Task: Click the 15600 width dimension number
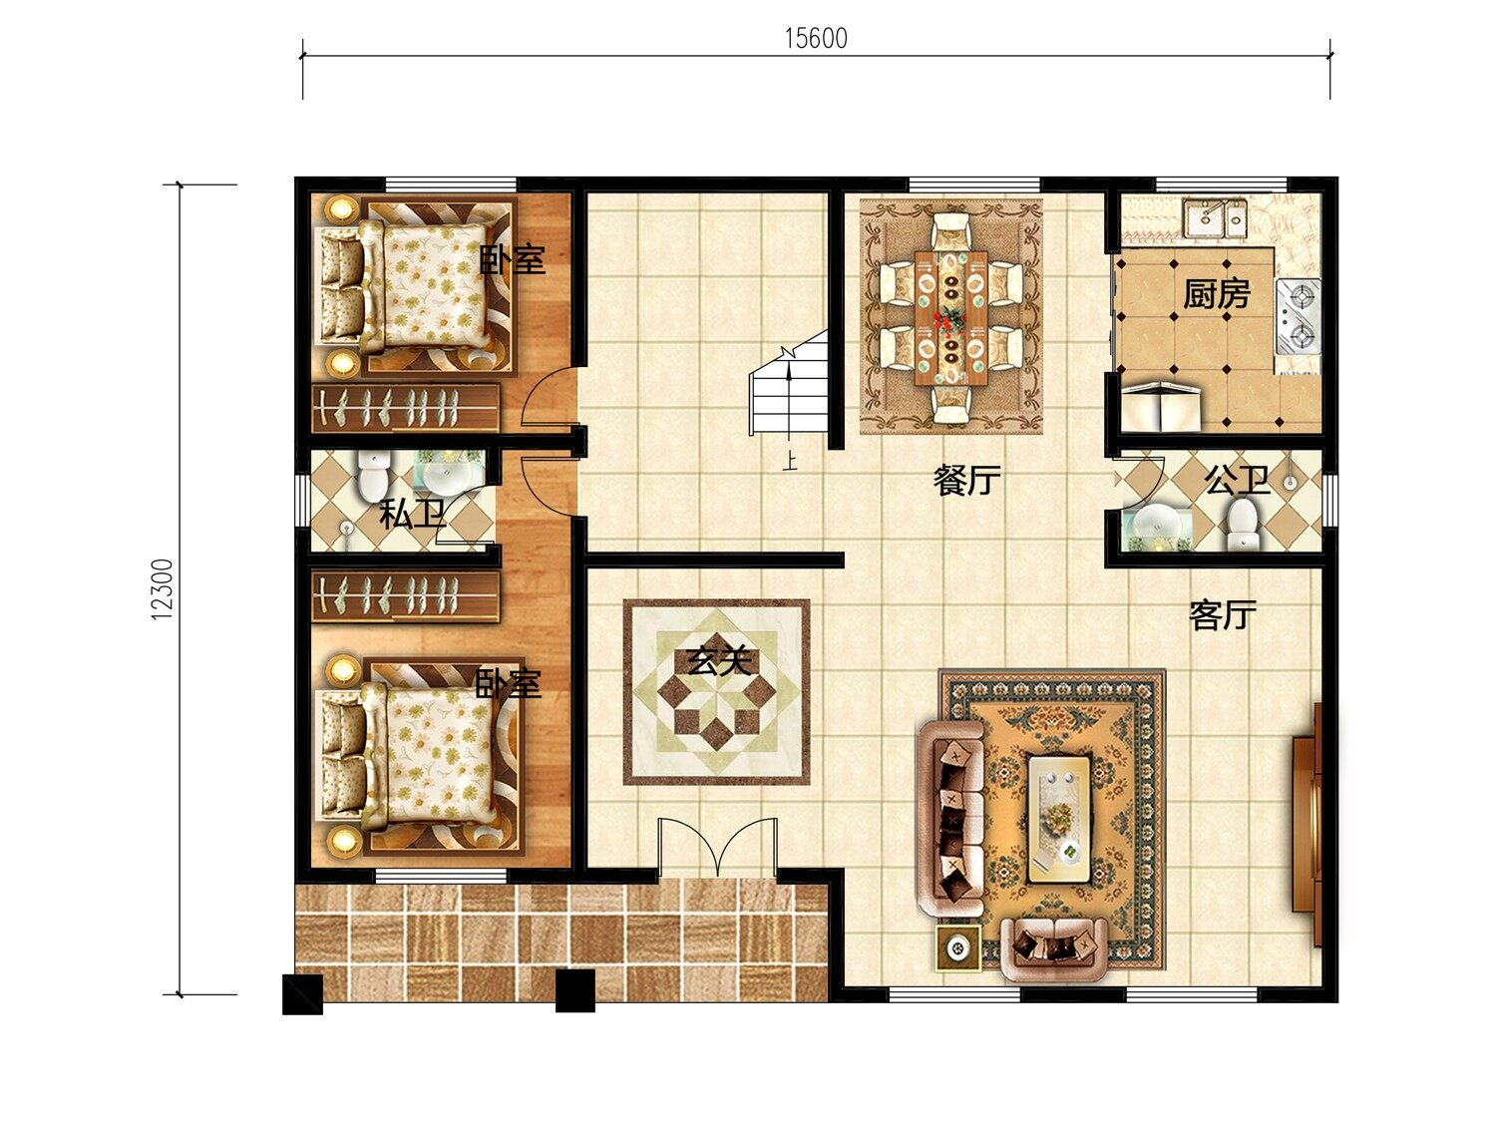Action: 816,38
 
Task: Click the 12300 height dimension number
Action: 164,588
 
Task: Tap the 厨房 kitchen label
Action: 1217,294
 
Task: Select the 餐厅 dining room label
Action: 966,480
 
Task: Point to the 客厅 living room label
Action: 1223,614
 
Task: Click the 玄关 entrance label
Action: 719,660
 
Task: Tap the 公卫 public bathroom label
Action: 1237,480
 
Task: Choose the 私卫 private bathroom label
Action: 412,514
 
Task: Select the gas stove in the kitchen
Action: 1299,316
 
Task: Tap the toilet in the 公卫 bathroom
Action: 1242,525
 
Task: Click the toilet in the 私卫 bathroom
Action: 373,475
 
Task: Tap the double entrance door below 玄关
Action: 717,848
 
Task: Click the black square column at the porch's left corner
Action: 302,995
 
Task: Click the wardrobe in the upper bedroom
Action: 406,408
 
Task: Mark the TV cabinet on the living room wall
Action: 1309,825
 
